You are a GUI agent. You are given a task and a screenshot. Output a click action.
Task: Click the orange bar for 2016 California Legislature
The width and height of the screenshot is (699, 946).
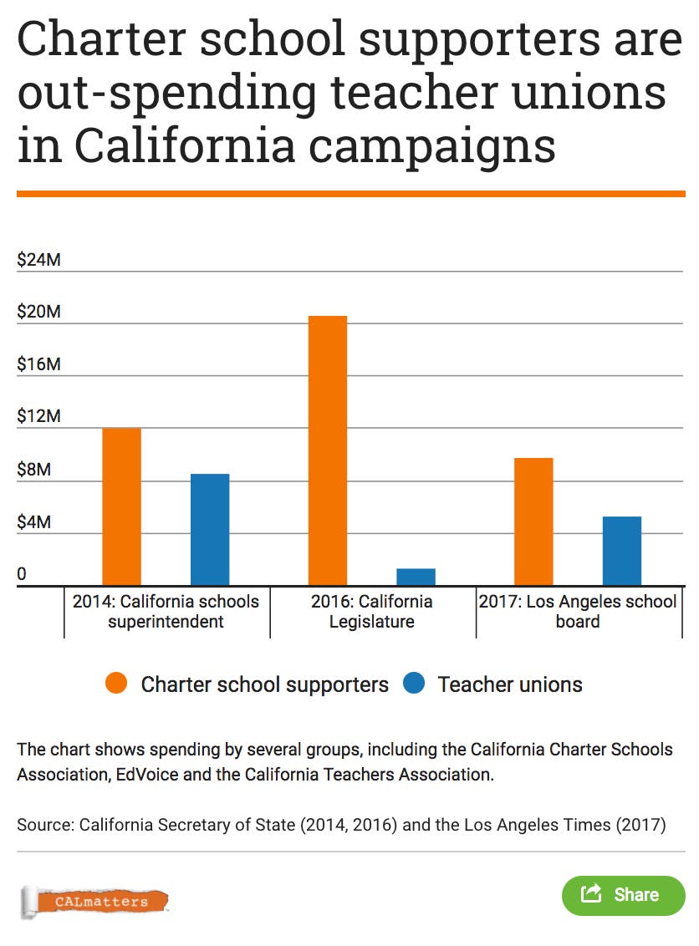tap(328, 450)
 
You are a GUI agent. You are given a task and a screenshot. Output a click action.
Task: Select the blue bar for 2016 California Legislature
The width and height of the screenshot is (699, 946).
tap(416, 577)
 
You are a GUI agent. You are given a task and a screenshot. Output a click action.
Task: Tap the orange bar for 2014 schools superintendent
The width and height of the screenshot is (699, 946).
tap(121, 506)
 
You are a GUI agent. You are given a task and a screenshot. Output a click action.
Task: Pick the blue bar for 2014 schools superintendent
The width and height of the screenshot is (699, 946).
tap(210, 529)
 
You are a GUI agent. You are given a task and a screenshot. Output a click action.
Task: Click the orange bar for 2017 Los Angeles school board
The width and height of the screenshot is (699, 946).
tap(533, 521)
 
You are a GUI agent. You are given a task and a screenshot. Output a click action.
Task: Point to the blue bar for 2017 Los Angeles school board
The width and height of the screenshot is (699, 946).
tap(622, 551)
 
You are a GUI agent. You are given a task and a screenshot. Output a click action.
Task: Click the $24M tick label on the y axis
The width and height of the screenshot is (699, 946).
tap(39, 260)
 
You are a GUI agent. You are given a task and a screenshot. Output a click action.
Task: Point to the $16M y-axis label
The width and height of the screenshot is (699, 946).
tap(39, 365)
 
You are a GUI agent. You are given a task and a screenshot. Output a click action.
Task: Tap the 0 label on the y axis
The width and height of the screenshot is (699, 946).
tap(23, 575)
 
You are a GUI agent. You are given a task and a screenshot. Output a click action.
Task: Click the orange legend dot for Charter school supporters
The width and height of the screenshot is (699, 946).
tap(116, 684)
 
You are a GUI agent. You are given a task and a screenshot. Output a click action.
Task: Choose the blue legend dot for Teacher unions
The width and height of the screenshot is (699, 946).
tap(415, 684)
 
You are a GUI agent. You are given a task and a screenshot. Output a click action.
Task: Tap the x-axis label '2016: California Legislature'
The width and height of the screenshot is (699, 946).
tap(372, 612)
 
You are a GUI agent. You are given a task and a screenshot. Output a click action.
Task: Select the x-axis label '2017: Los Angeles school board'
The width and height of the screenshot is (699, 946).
tap(578, 612)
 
